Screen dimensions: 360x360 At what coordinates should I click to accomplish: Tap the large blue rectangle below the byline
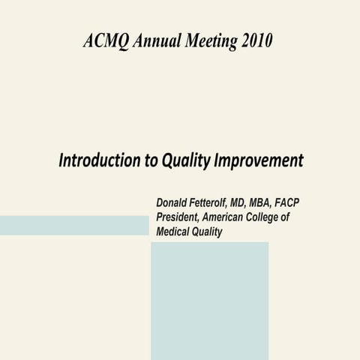(x=209, y=300)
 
